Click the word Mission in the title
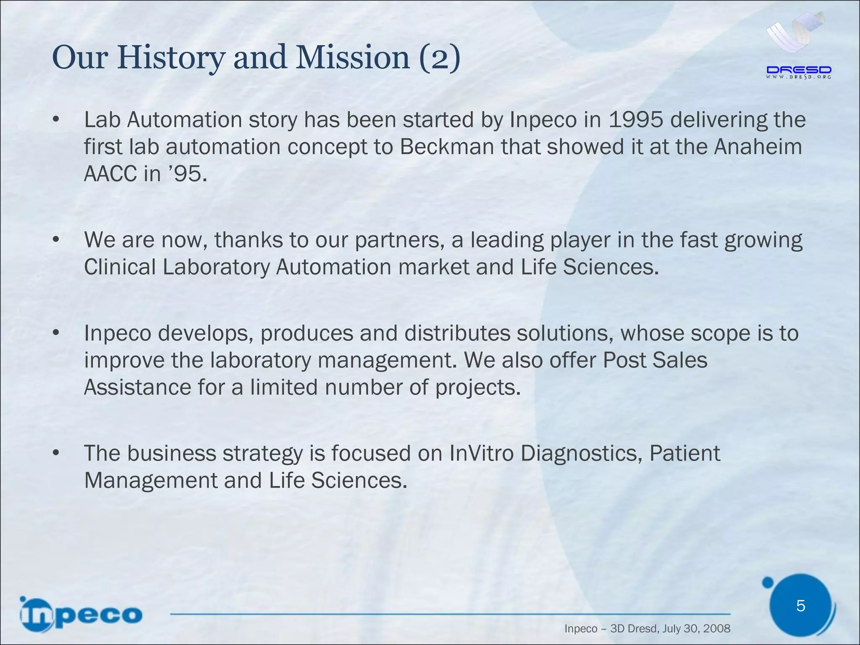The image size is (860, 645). [x=352, y=58]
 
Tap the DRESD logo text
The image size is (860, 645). [x=799, y=70]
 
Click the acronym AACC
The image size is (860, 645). [x=110, y=174]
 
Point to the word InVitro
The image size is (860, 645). [x=481, y=454]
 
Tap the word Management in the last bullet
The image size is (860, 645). [x=150, y=480]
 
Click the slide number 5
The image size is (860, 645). [x=800, y=606]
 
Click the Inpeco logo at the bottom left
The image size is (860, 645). [x=81, y=615]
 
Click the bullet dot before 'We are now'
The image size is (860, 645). [x=56, y=240]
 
